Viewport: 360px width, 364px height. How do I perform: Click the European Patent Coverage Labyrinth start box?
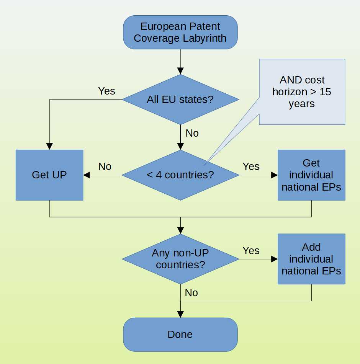tap(180, 33)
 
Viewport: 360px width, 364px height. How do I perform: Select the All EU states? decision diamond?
tap(180, 100)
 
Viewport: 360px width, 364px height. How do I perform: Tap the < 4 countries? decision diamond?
tap(180, 175)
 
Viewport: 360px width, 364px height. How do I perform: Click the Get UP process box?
tap(49, 175)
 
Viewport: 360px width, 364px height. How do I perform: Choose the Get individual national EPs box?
tap(311, 175)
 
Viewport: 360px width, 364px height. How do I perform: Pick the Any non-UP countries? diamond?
tap(180, 259)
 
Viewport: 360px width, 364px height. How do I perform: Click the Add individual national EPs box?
tap(311, 259)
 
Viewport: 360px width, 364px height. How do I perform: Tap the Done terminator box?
tap(180, 335)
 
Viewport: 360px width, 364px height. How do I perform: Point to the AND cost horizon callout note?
tap(302, 92)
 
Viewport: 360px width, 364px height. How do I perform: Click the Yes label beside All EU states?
tap(106, 91)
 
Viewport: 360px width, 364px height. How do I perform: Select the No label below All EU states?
tap(192, 133)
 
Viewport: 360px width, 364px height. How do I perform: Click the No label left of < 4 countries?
tap(105, 166)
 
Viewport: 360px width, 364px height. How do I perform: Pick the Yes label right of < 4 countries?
tap(251, 166)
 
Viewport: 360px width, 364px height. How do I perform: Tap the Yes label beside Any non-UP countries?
tap(251, 251)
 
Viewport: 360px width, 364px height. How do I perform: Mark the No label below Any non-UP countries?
tap(191, 293)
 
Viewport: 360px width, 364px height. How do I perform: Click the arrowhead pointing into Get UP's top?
tap(49, 146)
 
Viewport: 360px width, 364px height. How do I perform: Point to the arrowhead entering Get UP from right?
tap(87, 175)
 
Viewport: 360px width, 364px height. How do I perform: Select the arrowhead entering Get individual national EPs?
tap(274, 175)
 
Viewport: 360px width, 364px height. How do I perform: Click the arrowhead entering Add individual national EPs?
tap(274, 259)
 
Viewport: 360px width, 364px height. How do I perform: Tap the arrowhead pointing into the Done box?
tap(180, 314)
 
